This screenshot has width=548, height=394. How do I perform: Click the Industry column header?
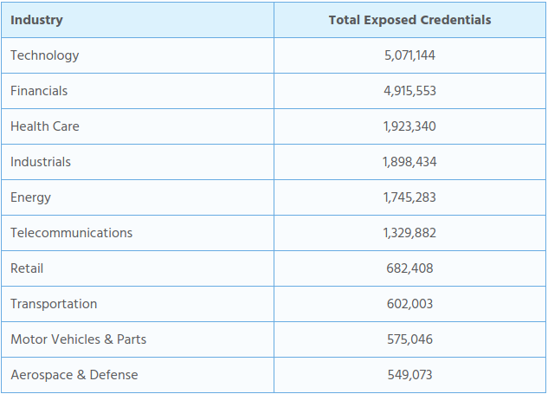[x=36, y=20]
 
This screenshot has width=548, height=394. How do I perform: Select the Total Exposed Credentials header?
[x=409, y=20]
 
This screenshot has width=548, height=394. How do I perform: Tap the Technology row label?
[x=45, y=55]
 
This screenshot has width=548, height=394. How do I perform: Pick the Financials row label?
[x=39, y=91]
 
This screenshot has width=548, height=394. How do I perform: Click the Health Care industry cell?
[x=45, y=126]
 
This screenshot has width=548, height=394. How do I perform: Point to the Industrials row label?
[x=41, y=162]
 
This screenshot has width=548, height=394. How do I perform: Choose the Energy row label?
[x=31, y=197]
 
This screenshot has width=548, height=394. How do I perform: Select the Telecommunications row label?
[x=72, y=233]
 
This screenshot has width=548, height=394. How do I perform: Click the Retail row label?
[x=27, y=268]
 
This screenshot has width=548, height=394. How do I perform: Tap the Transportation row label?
[x=54, y=304]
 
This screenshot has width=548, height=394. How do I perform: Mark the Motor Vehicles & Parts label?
[x=79, y=339]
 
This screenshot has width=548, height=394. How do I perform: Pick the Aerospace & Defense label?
[x=74, y=375]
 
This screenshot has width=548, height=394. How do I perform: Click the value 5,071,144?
[x=409, y=55]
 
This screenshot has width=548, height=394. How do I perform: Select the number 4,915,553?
[x=409, y=91]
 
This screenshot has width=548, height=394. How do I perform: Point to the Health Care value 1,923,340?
[x=409, y=126]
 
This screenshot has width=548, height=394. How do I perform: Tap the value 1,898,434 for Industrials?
[x=409, y=162]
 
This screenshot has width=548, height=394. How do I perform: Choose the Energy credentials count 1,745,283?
[x=409, y=197]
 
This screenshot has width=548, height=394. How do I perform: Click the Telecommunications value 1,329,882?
[x=409, y=233]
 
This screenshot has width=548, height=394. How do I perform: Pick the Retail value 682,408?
[x=409, y=268]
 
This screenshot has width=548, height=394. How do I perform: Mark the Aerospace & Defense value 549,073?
[x=409, y=375]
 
